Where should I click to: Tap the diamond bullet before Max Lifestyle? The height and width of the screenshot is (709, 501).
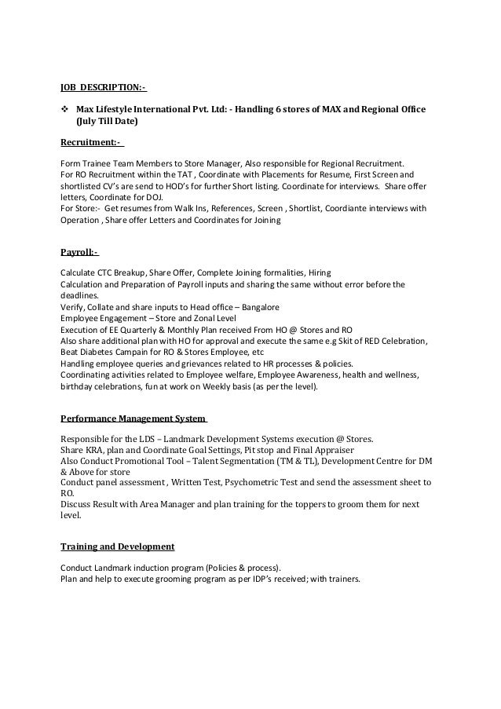click(x=65, y=108)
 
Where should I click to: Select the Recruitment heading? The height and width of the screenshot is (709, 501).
click(x=91, y=142)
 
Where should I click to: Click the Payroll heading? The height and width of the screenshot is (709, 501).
click(x=79, y=253)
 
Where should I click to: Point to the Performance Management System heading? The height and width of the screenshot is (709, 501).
click(x=133, y=418)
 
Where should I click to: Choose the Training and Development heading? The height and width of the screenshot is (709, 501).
click(x=117, y=545)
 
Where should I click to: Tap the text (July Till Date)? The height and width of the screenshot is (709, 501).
click(x=106, y=122)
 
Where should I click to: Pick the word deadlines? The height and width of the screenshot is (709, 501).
click(x=80, y=295)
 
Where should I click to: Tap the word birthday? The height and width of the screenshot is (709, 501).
click(x=81, y=386)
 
